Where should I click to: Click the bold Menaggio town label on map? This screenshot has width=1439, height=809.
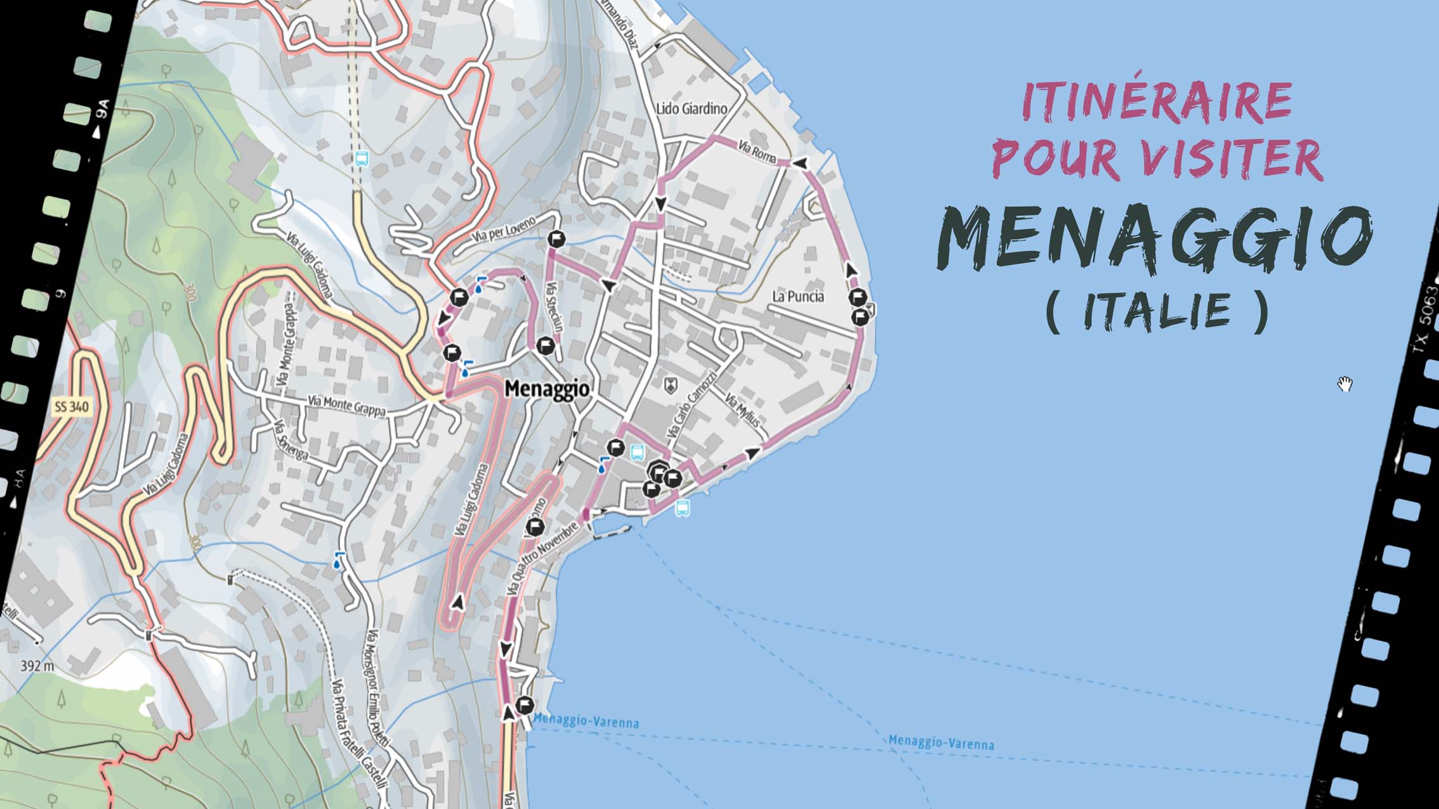(547, 389)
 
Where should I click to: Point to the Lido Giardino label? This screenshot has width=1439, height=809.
(692, 108)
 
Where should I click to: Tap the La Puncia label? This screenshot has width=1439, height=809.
(798, 296)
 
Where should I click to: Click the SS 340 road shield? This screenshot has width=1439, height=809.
(72, 407)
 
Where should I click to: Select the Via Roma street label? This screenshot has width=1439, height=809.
(756, 151)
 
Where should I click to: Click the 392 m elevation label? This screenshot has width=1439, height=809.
(37, 666)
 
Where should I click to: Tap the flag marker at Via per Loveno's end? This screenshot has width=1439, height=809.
(556, 239)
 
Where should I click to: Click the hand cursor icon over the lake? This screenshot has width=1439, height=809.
(1345, 384)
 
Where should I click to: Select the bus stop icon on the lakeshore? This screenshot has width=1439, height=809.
(683, 507)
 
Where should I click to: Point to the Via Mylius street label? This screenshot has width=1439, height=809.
(742, 410)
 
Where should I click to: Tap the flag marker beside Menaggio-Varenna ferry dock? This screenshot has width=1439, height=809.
(525, 705)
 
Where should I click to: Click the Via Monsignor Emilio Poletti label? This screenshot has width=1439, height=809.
(378, 688)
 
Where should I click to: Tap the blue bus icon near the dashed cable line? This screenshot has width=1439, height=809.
(362, 159)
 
